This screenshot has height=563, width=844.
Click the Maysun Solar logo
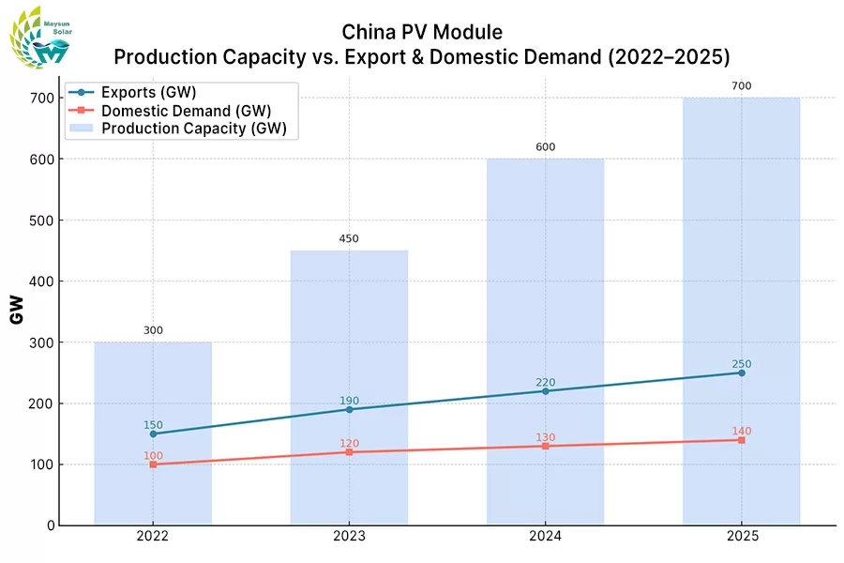pyautogui.click(x=39, y=38)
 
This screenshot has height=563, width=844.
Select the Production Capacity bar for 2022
pyautogui.click(x=153, y=433)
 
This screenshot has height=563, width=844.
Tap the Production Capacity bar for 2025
pyautogui.click(x=741, y=310)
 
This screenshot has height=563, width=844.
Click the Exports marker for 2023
pyautogui.click(x=349, y=409)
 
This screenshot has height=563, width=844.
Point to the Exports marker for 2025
pyautogui.click(x=741, y=373)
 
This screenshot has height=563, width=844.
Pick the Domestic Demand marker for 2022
pyautogui.click(x=153, y=464)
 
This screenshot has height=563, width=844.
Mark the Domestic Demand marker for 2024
pyautogui.click(x=545, y=446)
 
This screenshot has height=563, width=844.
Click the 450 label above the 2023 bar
pyautogui.click(x=349, y=238)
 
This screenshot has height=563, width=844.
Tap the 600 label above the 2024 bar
pyautogui.click(x=545, y=147)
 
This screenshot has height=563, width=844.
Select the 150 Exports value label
pyautogui.click(x=153, y=425)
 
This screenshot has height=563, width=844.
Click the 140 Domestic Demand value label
pyautogui.click(x=741, y=432)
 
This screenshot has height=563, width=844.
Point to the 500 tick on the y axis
pyautogui.click(x=40, y=221)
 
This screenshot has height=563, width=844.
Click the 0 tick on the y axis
pyautogui.click(x=50, y=525)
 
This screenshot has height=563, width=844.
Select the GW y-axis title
pyautogui.click(x=16, y=310)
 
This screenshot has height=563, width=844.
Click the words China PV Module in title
pyautogui.click(x=422, y=33)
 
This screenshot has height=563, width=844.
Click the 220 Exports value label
pyautogui.click(x=545, y=382)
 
